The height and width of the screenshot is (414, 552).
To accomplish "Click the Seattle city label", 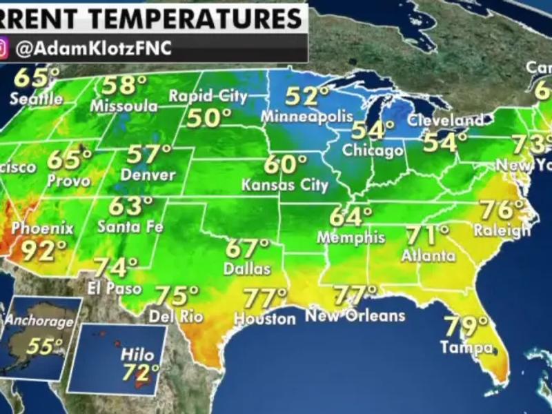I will pyautogui.click(x=36, y=99).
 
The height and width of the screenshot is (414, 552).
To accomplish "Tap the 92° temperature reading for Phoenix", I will pyautogui.click(x=43, y=250).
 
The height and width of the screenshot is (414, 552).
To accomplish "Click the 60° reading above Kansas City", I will pyautogui.click(x=284, y=166).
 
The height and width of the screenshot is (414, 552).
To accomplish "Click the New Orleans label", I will pyautogui.click(x=355, y=316).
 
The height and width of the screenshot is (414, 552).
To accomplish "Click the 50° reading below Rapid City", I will pyautogui.click(x=208, y=118).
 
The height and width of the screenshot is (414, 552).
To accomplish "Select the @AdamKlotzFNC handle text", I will pyautogui.click(x=92, y=49).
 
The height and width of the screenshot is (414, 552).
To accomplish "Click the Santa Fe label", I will pyautogui.click(x=130, y=226).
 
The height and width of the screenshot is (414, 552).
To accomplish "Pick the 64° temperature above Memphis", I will pyautogui.click(x=351, y=217).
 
